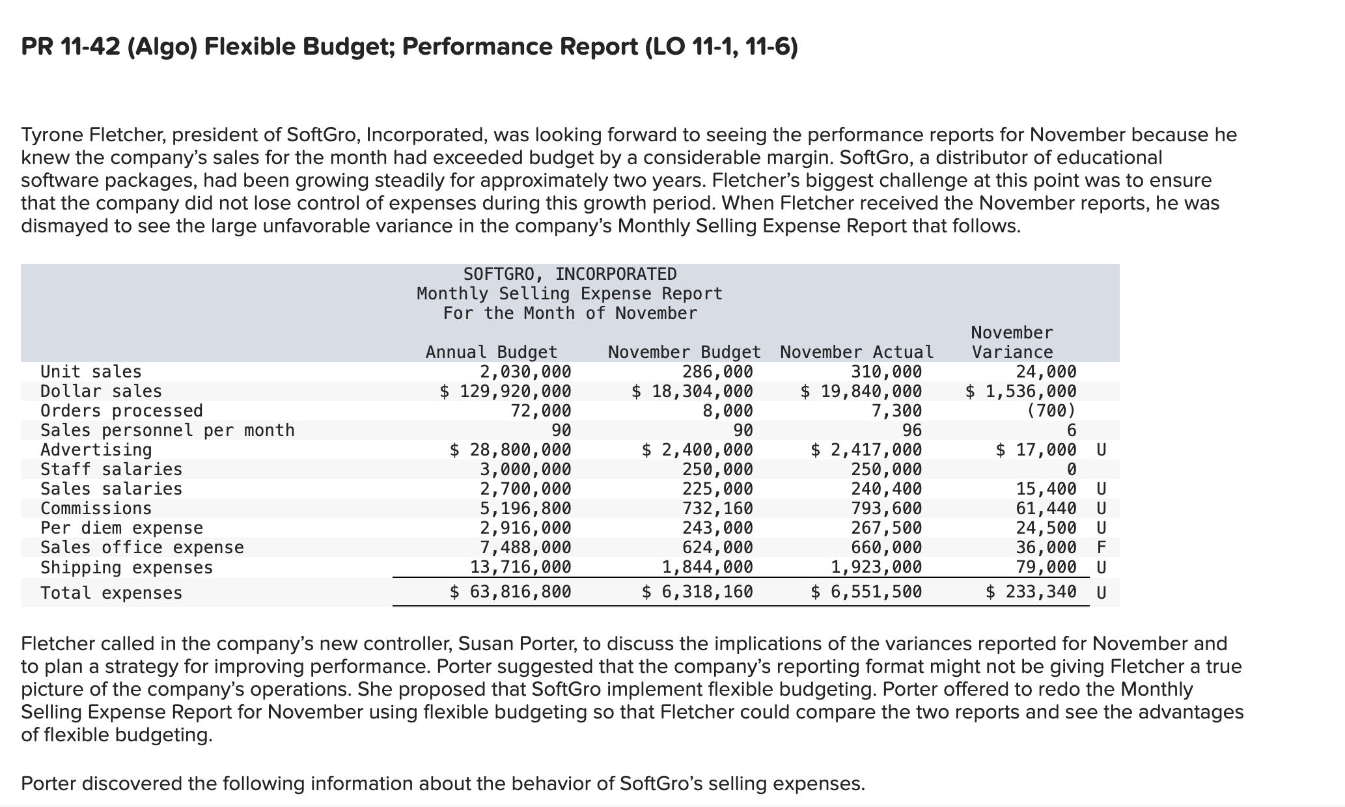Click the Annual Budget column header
click(492, 352)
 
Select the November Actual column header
click(857, 352)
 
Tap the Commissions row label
click(96, 508)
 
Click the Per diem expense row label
click(122, 528)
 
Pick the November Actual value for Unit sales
click(886, 372)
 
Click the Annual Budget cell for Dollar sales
click(506, 391)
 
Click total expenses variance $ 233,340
click(1031, 592)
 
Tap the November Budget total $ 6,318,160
click(697, 592)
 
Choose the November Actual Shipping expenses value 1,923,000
click(876, 567)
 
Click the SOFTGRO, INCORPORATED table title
click(570, 274)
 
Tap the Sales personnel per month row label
click(167, 430)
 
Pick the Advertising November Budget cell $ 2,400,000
click(697, 450)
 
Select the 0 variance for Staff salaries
click(1071, 469)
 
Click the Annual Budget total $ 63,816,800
click(511, 592)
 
